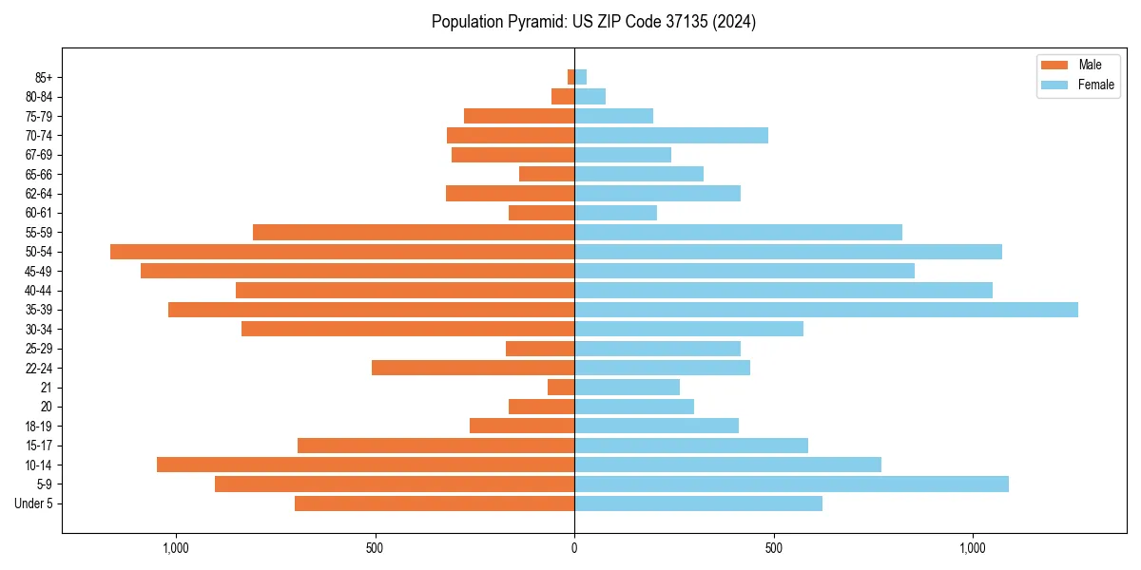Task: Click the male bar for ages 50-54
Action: click(x=342, y=252)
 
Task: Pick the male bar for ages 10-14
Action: click(x=365, y=465)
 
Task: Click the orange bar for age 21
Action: click(x=561, y=388)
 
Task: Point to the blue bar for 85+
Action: click(x=580, y=77)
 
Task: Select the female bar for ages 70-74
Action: click(x=671, y=135)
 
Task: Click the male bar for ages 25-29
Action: click(x=540, y=349)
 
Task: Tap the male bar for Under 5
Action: click(x=435, y=503)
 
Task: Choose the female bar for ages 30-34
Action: click(x=688, y=329)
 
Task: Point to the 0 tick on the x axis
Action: click(x=574, y=548)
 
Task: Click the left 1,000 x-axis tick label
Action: click(x=176, y=548)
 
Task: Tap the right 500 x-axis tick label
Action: click(x=773, y=548)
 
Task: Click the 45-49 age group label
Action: click(x=38, y=271)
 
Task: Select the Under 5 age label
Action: click(x=34, y=503)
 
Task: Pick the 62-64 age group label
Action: click(x=38, y=194)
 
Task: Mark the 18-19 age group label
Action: click(x=38, y=427)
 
